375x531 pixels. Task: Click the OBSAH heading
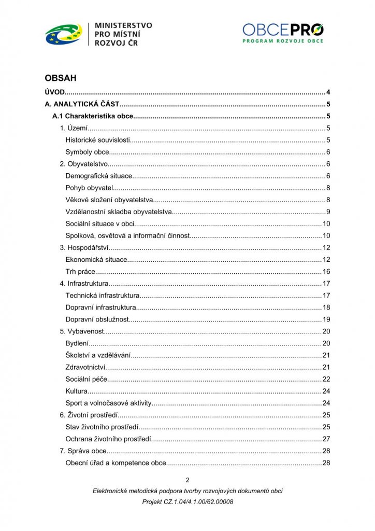pyautogui.click(x=61, y=78)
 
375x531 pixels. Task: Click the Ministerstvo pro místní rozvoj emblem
pyautogui.click(x=63, y=35)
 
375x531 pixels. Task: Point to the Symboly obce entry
pyautogui.click(x=88, y=152)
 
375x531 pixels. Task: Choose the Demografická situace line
pyautogui.click(x=99, y=176)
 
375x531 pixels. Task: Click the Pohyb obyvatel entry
pyautogui.click(x=89, y=188)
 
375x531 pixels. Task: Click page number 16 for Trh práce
pyautogui.click(x=326, y=272)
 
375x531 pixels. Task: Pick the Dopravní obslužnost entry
pyautogui.click(x=97, y=319)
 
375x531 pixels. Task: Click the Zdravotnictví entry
pyautogui.click(x=85, y=367)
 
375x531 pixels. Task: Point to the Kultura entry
pyautogui.click(x=77, y=391)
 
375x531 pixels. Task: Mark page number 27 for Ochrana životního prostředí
pyautogui.click(x=326, y=439)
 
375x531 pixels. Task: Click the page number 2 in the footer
pyautogui.click(x=187, y=480)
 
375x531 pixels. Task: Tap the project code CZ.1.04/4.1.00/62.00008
pyautogui.click(x=187, y=502)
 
